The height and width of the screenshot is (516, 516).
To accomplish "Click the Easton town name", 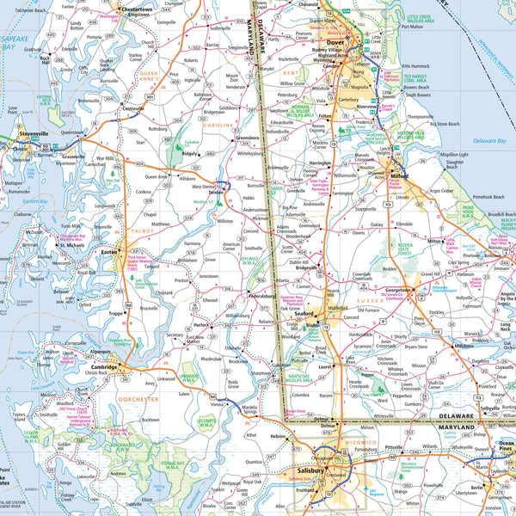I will tap(110, 252).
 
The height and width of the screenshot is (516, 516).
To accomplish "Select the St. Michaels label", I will tap(71, 245).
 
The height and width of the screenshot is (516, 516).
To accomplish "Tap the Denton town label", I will tap(216, 193).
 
